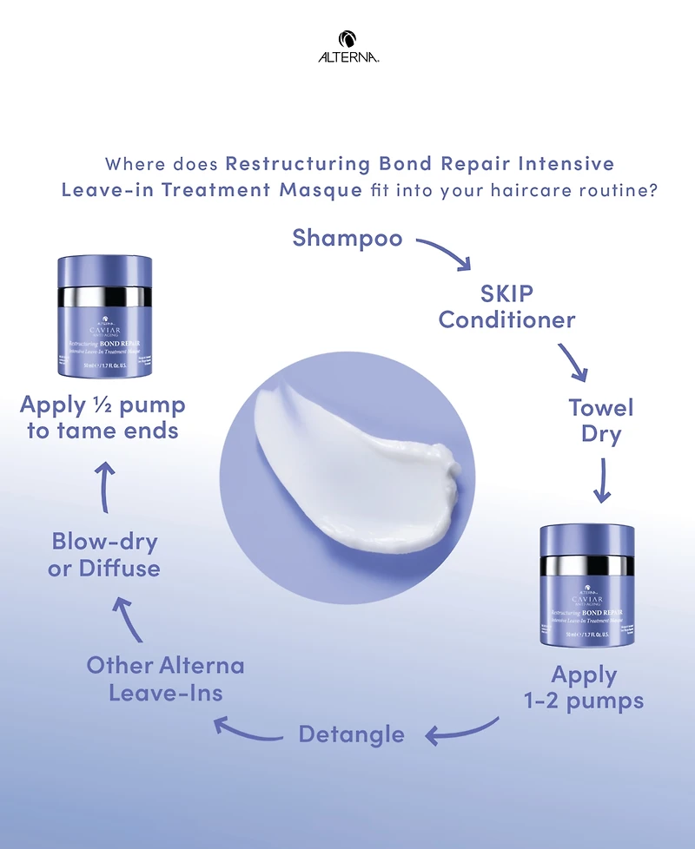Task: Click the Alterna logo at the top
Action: pos(347,47)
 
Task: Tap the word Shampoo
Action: pos(347,237)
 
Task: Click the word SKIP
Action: pos(507,293)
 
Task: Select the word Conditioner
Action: pos(507,319)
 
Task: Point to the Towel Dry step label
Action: pos(601,420)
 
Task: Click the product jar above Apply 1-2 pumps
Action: pos(586,582)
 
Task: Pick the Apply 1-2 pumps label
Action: pos(584,688)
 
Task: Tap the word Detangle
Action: pos(351,734)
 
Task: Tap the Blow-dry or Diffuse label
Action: pos(105,556)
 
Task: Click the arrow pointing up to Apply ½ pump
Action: pos(104,481)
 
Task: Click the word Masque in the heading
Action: pos(320,190)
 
